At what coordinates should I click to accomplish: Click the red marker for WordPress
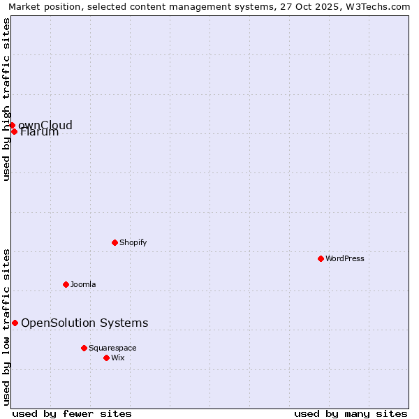coord(321,258)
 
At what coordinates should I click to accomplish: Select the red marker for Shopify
coord(115,242)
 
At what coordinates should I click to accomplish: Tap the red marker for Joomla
coord(66,284)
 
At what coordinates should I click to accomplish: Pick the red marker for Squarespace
coord(84,348)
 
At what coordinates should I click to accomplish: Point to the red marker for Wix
coord(106,358)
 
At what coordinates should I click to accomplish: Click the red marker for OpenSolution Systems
coord(15,323)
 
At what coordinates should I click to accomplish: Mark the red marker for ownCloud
coord(12,125)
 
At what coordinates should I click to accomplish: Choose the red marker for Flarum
coord(14,131)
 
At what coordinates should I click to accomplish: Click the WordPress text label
coord(345,258)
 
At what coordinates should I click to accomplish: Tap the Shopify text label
coord(133,242)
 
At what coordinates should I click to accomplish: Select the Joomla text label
coord(83,284)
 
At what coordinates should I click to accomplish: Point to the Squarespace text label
coord(112,348)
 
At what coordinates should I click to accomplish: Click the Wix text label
coord(118,358)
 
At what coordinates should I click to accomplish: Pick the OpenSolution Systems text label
coord(84,323)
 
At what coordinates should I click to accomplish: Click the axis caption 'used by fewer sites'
coord(72,413)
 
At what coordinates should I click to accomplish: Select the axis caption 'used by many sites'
coord(351,413)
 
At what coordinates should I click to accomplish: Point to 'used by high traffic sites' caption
coord(6,99)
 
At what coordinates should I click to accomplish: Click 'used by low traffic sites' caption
coord(6,326)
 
